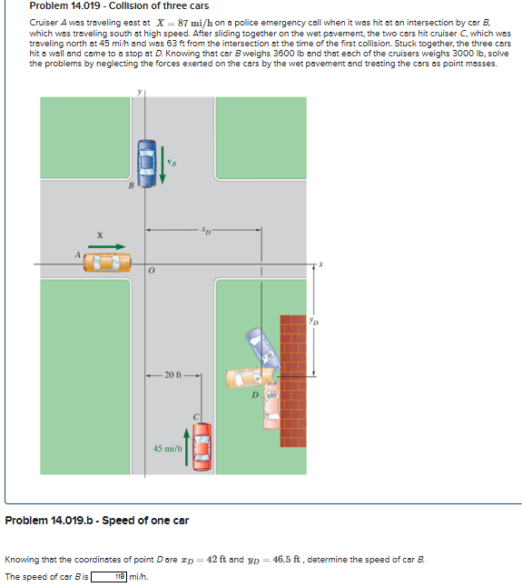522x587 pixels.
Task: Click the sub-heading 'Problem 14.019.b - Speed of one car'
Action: [x=97, y=521]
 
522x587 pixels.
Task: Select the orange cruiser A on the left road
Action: [x=107, y=264]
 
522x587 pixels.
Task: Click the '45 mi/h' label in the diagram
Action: [x=168, y=448]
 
